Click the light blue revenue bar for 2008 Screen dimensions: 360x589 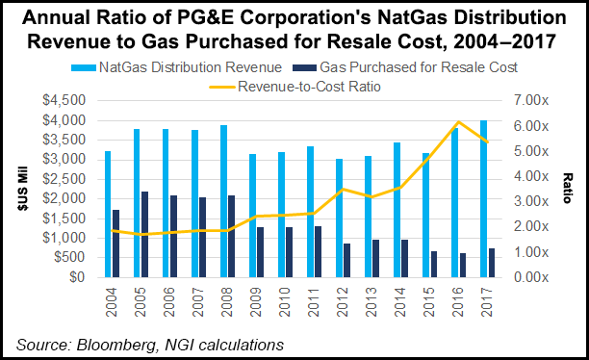[x=223, y=201]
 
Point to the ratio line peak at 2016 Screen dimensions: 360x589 [x=458, y=122]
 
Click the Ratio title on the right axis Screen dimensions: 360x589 [x=570, y=189]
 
